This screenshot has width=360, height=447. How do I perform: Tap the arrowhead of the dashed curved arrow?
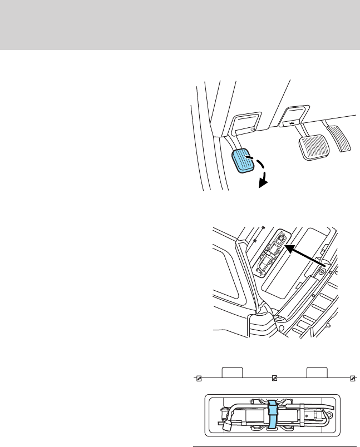[262, 181]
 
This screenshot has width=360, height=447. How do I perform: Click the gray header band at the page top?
[180, 25]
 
